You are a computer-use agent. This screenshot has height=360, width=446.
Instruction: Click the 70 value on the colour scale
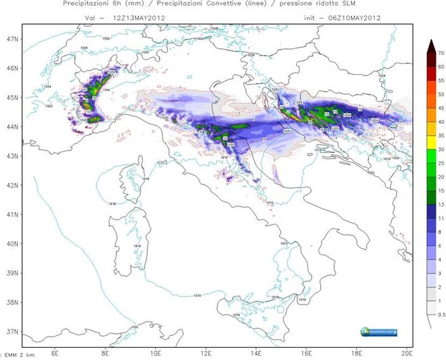tap(440, 54)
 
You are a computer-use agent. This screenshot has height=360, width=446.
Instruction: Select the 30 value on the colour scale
tap(440, 149)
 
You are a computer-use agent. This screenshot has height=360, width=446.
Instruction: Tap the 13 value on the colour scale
tap(440, 204)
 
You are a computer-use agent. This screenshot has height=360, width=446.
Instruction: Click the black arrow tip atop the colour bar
tap(430, 43)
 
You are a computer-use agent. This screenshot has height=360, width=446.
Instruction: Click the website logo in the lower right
tap(379, 331)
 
